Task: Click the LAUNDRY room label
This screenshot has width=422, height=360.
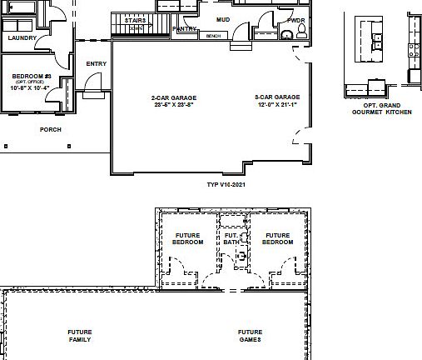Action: pos(21,37)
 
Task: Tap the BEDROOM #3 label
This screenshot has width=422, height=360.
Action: pos(29,76)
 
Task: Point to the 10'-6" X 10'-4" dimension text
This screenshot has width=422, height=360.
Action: pos(29,87)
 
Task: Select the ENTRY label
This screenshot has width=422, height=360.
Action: pos(96,63)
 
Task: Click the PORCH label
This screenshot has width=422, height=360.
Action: pos(51,129)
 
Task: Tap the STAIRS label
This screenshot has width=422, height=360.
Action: pos(136,20)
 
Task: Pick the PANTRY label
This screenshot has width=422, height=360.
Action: pos(184,28)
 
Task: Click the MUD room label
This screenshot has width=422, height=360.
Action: pos(223,18)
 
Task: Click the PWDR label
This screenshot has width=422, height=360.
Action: pos(295,20)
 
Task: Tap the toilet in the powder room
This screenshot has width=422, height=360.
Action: pos(301,32)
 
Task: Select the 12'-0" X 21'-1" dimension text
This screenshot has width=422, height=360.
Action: pos(277,105)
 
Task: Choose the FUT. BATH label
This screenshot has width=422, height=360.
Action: pos(231,239)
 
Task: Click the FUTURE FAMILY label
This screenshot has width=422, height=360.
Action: pos(80,336)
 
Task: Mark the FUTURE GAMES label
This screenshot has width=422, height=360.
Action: pos(250,336)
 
